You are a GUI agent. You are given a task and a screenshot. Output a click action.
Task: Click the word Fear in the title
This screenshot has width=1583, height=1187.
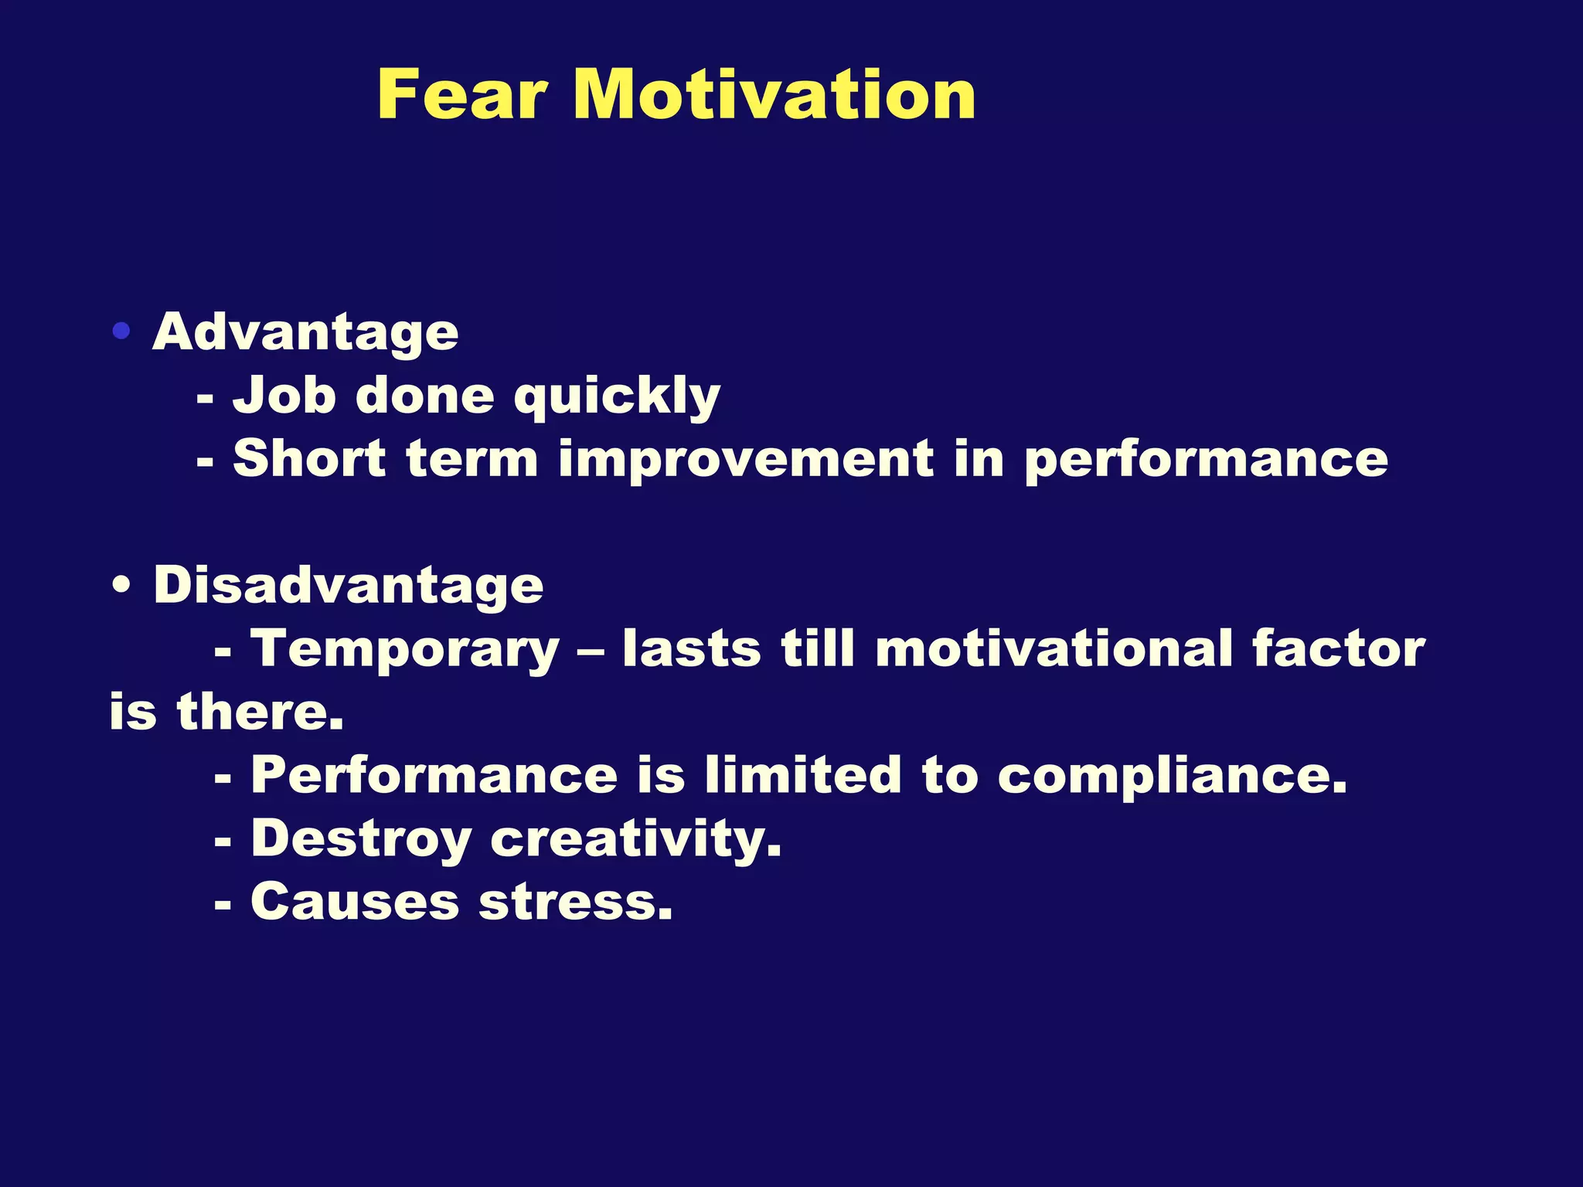point(462,95)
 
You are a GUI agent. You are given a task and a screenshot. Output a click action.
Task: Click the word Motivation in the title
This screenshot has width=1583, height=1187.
point(774,95)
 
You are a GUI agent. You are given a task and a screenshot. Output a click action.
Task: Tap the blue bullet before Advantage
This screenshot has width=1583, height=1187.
point(121,332)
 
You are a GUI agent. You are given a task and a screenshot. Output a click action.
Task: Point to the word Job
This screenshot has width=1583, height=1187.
point(284,396)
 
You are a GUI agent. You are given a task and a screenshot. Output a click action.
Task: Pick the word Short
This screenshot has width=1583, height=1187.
point(309,459)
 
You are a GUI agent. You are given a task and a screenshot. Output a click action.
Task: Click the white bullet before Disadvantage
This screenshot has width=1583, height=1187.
point(121,586)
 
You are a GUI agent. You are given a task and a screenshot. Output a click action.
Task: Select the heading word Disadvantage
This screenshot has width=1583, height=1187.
point(349,586)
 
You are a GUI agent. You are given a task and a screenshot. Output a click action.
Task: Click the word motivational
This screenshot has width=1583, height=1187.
point(1054,649)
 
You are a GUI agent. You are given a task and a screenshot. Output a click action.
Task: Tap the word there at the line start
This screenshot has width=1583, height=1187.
point(260,713)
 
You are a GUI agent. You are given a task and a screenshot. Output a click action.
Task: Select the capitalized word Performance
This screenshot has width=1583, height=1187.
point(434,775)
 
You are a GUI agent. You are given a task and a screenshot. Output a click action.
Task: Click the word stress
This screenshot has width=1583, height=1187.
point(576,903)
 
